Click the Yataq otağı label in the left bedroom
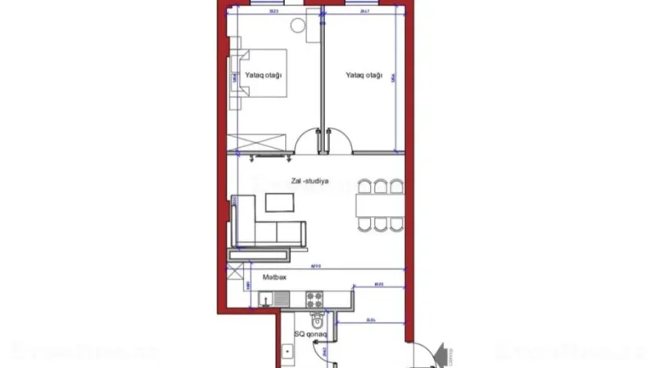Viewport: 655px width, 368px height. click(x=263, y=75)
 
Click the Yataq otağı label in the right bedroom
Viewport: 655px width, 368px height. click(x=364, y=75)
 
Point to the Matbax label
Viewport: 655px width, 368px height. click(x=273, y=277)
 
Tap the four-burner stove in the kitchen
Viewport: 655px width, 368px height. click(x=315, y=300)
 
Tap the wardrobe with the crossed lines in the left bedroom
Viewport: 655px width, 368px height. click(x=263, y=141)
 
